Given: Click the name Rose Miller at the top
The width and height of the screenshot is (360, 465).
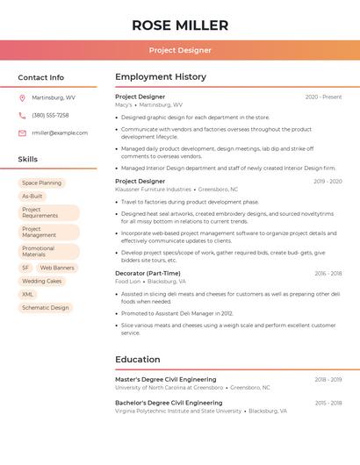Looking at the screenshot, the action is [180, 25].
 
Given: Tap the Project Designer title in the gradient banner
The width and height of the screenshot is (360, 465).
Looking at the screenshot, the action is [180, 50].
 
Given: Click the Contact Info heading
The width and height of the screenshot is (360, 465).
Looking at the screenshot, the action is [41, 77].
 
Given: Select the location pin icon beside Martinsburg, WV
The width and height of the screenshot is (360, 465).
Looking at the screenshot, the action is [22, 97].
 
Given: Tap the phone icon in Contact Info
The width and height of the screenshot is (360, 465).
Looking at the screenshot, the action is [22, 115].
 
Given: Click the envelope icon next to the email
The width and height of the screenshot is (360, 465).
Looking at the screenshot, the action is [22, 132].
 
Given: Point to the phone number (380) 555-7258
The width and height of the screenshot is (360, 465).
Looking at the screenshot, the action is [50, 115].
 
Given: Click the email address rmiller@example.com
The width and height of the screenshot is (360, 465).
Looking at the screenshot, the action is [60, 132].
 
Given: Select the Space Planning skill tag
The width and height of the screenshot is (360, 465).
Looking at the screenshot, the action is [42, 182].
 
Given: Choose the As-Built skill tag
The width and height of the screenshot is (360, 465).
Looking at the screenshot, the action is [32, 197].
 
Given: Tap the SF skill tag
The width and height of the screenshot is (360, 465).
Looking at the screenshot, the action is [25, 268].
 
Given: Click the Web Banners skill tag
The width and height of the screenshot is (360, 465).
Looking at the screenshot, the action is [57, 268].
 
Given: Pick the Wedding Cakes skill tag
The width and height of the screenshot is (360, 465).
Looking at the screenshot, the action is [42, 282].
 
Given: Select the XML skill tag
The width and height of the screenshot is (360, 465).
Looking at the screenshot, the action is [28, 295].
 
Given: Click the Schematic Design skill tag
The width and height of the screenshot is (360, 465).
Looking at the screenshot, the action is [46, 308].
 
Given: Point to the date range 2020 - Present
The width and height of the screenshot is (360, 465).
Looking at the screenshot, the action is [323, 97].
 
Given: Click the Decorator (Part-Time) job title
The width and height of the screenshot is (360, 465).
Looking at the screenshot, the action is [148, 273].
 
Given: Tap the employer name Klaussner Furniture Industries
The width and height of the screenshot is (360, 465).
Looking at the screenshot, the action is [153, 190].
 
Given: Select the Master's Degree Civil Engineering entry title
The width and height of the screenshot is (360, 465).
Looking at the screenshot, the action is [165, 379].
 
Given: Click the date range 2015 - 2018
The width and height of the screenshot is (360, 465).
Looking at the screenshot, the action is [328, 403].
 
